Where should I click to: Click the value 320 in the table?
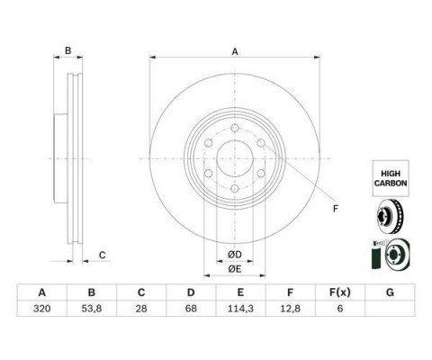tap(42, 309)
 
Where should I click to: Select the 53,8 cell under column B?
tap(92, 309)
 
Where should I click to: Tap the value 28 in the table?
tap(141, 309)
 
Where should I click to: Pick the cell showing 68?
tap(191, 309)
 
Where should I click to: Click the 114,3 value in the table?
tap(240, 309)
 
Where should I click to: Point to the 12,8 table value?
tap(290, 309)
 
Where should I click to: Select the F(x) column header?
tap(339, 292)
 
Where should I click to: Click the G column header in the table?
tap(390, 292)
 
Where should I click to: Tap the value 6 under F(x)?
tap(340, 309)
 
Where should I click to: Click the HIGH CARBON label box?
tap(391, 178)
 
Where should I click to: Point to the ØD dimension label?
tap(235, 255)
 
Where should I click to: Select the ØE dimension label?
tap(235, 269)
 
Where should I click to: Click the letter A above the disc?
tap(235, 51)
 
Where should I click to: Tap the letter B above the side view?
tap(68, 50)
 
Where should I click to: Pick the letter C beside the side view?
tap(103, 255)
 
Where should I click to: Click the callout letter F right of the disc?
tap(336, 209)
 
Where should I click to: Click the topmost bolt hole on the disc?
tap(235, 128)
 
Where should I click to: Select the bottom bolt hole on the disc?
tap(235, 189)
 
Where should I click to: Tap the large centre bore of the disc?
tap(235, 158)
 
